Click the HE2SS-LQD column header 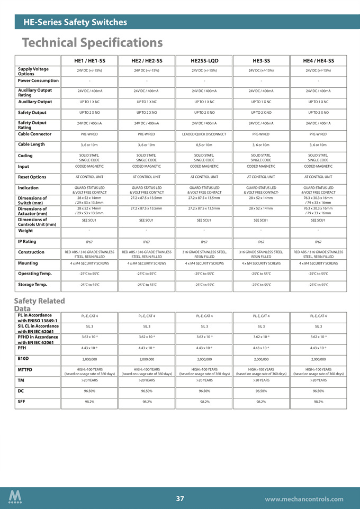[x=204, y=60]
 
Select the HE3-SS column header [x=261, y=60]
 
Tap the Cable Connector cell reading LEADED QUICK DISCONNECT [x=204, y=134]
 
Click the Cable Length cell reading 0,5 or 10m [x=204, y=145]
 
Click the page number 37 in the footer [x=180, y=498]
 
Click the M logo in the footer [x=15, y=497]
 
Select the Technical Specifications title [x=92, y=42]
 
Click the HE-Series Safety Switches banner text [x=75, y=22]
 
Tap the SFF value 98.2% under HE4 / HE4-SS [x=318, y=402]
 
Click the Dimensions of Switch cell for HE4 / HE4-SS [x=318, y=200]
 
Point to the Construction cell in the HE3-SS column [x=261, y=254]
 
